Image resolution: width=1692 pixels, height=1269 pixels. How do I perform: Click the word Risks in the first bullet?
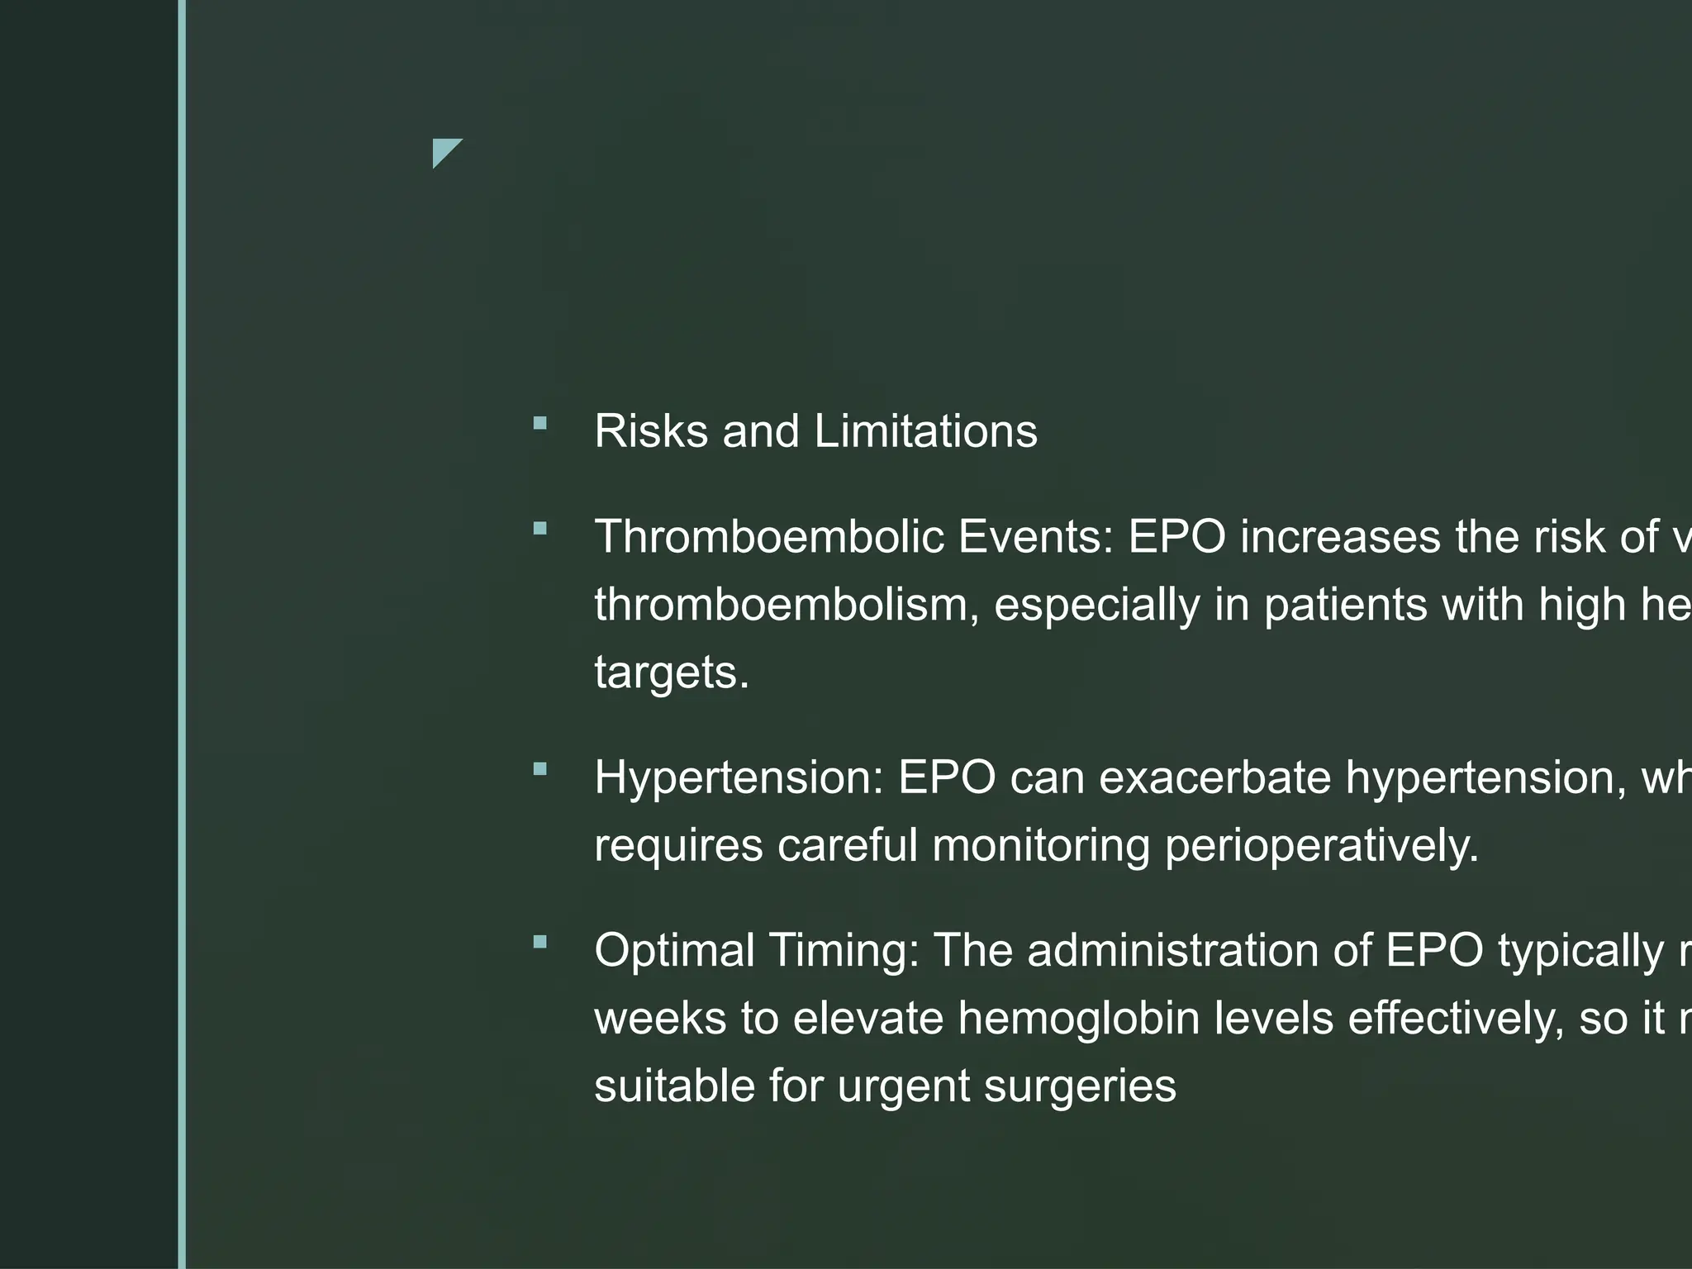tap(651, 431)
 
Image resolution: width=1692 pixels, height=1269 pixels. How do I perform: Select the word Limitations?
tap(925, 431)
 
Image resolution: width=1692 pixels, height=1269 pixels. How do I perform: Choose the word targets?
tap(671, 673)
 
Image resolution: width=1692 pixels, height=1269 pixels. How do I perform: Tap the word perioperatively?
tap(1322, 845)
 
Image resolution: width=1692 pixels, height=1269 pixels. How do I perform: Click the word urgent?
tap(904, 1086)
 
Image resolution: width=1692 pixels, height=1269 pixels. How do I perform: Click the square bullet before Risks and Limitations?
tap(540, 424)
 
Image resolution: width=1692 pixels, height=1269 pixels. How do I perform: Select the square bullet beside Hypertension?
tap(540, 770)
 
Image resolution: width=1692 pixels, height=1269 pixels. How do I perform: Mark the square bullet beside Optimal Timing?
tap(540, 942)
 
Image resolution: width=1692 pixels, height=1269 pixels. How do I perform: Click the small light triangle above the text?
tap(444, 150)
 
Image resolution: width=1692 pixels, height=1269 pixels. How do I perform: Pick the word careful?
tap(848, 845)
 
